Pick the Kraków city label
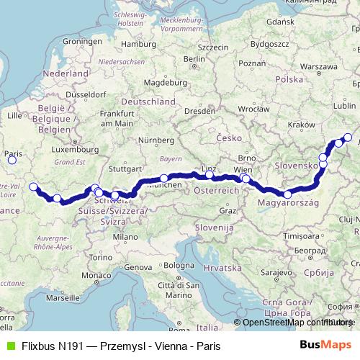pos(298,124)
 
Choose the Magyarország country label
pos(287,204)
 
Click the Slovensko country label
pos(297,166)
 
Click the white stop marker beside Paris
pos(11,161)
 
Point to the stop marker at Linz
pos(210,174)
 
